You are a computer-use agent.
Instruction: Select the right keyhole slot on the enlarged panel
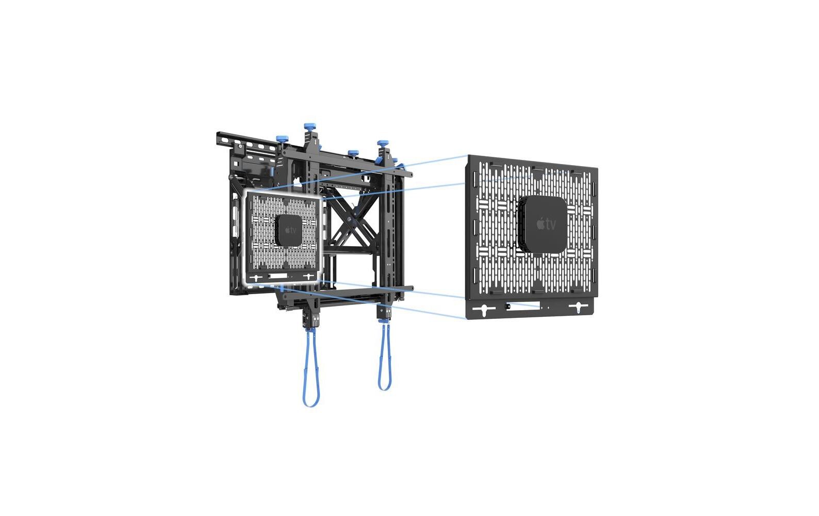click(578, 307)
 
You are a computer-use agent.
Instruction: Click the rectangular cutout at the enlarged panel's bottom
click(523, 306)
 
